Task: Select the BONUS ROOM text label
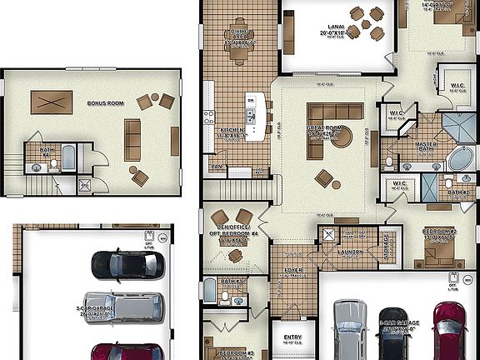(105, 104)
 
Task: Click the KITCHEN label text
(232, 131)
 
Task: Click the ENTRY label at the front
(292, 314)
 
